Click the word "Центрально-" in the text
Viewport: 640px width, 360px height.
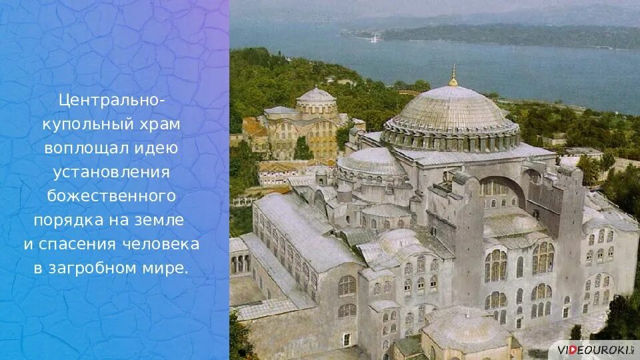[112, 100]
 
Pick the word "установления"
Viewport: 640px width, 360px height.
[112, 172]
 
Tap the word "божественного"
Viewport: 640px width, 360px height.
[112, 196]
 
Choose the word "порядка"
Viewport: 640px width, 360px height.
[69, 220]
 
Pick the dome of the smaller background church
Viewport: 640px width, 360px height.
[316, 96]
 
